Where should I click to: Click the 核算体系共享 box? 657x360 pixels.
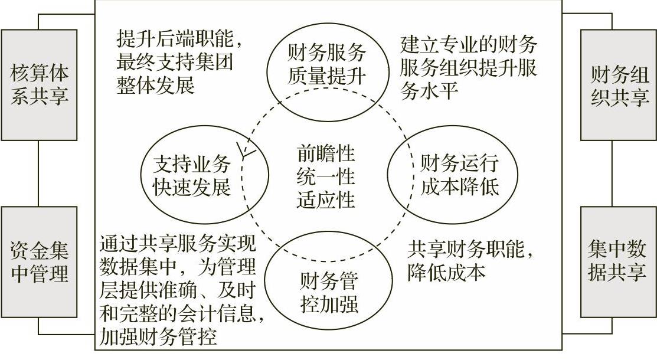coord(39,85)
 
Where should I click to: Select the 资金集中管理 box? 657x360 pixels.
coord(39,262)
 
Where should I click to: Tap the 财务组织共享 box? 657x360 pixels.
coord(619,85)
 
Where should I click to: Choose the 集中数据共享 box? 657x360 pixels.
coord(619,262)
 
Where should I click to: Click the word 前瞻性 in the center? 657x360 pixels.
coord(326,155)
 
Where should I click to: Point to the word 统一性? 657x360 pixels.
coord(326,176)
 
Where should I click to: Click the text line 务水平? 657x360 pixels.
coord(429,91)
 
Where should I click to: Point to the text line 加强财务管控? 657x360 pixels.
coord(159,336)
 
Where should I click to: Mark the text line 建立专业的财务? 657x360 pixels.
coord(468,45)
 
